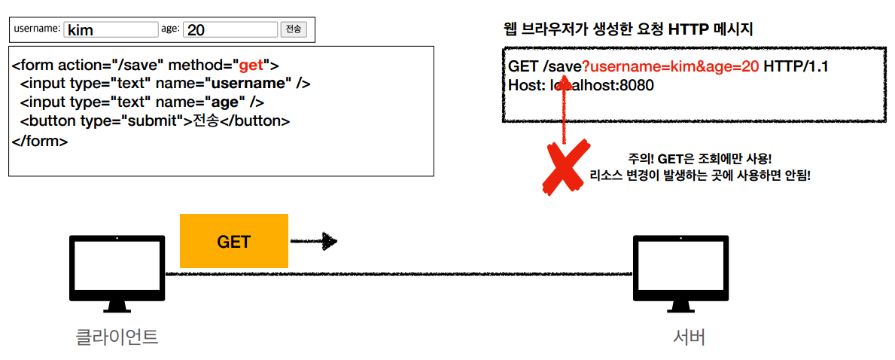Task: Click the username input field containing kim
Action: pos(111,29)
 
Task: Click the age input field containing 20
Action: pos(230,29)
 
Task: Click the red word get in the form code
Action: pos(251,65)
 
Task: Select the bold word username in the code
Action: pos(251,84)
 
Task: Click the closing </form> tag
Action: pos(40,140)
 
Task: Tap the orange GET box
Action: pos(234,241)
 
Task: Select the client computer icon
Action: pos(117,272)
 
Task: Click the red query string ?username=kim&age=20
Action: pos(670,67)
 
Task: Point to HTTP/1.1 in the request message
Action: pos(796,67)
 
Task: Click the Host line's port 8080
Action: pos(636,85)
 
